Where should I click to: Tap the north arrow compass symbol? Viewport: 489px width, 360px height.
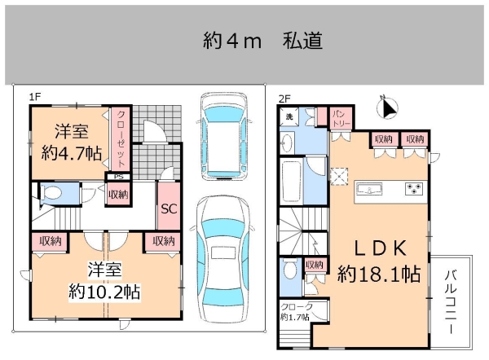388,107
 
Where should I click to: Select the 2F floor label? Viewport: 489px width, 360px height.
284,97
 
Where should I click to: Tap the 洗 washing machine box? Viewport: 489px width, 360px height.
289,118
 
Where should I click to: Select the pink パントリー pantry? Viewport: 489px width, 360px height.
341,118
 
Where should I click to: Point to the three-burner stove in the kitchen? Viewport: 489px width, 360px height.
414,191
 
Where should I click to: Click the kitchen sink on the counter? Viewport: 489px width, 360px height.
370,191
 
